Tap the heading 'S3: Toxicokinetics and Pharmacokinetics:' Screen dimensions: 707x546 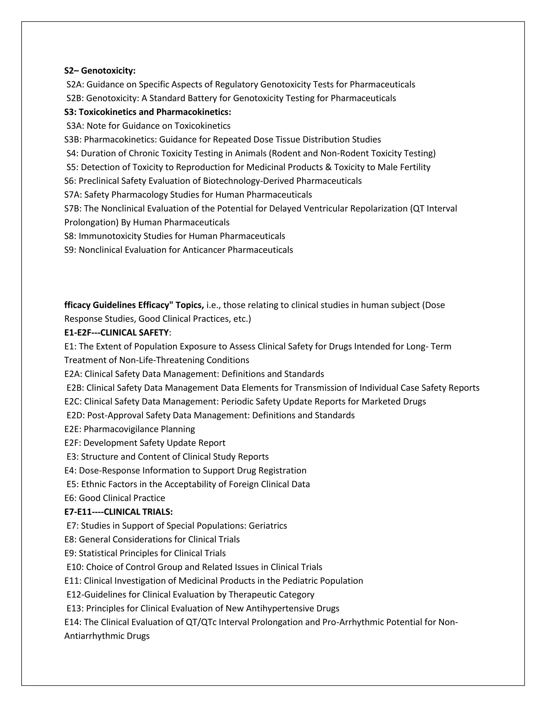[147, 112]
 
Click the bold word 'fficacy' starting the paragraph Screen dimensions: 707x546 [77, 305]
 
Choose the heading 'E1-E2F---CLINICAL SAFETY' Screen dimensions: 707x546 [117, 332]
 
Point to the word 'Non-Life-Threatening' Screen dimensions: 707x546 [162, 360]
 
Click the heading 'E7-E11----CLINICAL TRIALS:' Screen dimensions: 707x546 [118, 512]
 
